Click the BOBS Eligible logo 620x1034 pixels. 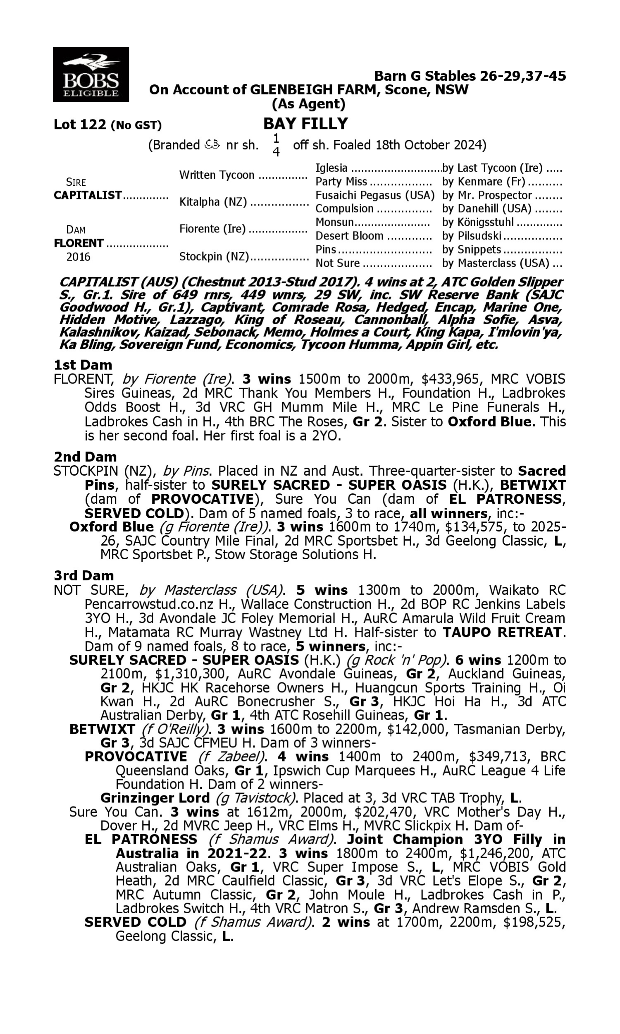[91, 74]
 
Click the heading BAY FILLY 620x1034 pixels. [305, 124]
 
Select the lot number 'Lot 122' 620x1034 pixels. [80, 124]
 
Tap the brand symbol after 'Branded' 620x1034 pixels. [212, 145]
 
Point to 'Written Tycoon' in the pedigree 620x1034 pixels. [217, 175]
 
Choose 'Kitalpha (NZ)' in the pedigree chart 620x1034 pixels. [213, 202]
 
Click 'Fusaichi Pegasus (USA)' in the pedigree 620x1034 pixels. [375, 195]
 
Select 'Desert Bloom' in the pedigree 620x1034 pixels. [349, 236]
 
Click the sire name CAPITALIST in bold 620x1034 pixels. [88, 195]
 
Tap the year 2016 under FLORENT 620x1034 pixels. [78, 256]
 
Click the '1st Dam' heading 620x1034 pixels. [83, 365]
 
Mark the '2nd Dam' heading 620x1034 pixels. [85, 456]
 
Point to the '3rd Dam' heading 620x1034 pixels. [83, 575]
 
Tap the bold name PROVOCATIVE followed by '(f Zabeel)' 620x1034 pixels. [136, 756]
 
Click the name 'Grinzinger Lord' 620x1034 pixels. [155, 798]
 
